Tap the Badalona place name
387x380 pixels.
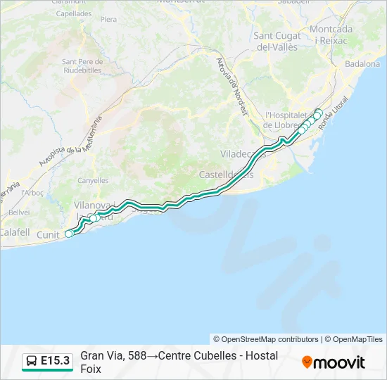pyautogui.click(x=362, y=63)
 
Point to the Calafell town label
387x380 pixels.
pyautogui.click(x=15, y=232)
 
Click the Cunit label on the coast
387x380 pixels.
pyautogui.click(x=48, y=234)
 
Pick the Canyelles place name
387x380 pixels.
pyautogui.click(x=93, y=181)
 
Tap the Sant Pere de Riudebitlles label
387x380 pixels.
pyautogui.click(x=83, y=66)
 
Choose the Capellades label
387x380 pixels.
pyautogui.click(x=73, y=13)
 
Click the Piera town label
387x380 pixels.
pyautogui.click(x=108, y=19)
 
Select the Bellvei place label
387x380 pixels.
pyautogui.click(x=19, y=211)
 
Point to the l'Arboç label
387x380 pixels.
pyautogui.click(x=32, y=192)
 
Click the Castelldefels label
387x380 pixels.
pyautogui.click(x=225, y=174)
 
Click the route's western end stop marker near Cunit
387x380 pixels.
pyautogui.click(x=69, y=234)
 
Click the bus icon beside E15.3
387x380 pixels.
pyautogui.click(x=32, y=361)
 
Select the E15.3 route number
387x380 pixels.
pyautogui.click(x=56, y=361)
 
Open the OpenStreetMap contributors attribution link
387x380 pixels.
pyautogui.click(x=266, y=339)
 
